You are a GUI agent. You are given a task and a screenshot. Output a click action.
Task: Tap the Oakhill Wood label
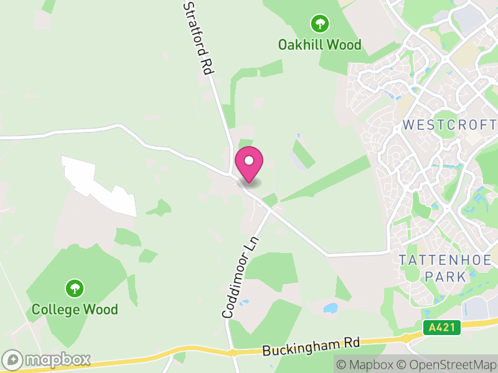coord(319,45)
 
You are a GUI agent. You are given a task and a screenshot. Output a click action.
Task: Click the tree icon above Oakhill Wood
coord(320,24)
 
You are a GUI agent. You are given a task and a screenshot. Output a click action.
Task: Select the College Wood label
coord(75,309)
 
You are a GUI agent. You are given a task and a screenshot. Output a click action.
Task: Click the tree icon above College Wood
coord(75,288)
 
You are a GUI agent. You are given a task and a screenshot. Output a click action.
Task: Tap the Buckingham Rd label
coord(311,346)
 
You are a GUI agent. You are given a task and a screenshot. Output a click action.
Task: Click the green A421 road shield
coord(441,328)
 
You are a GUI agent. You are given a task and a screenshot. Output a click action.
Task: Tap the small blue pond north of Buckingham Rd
coord(331,308)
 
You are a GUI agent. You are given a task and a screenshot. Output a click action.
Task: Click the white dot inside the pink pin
coord(249,160)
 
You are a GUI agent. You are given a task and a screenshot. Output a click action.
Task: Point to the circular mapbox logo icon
coord(13,359)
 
